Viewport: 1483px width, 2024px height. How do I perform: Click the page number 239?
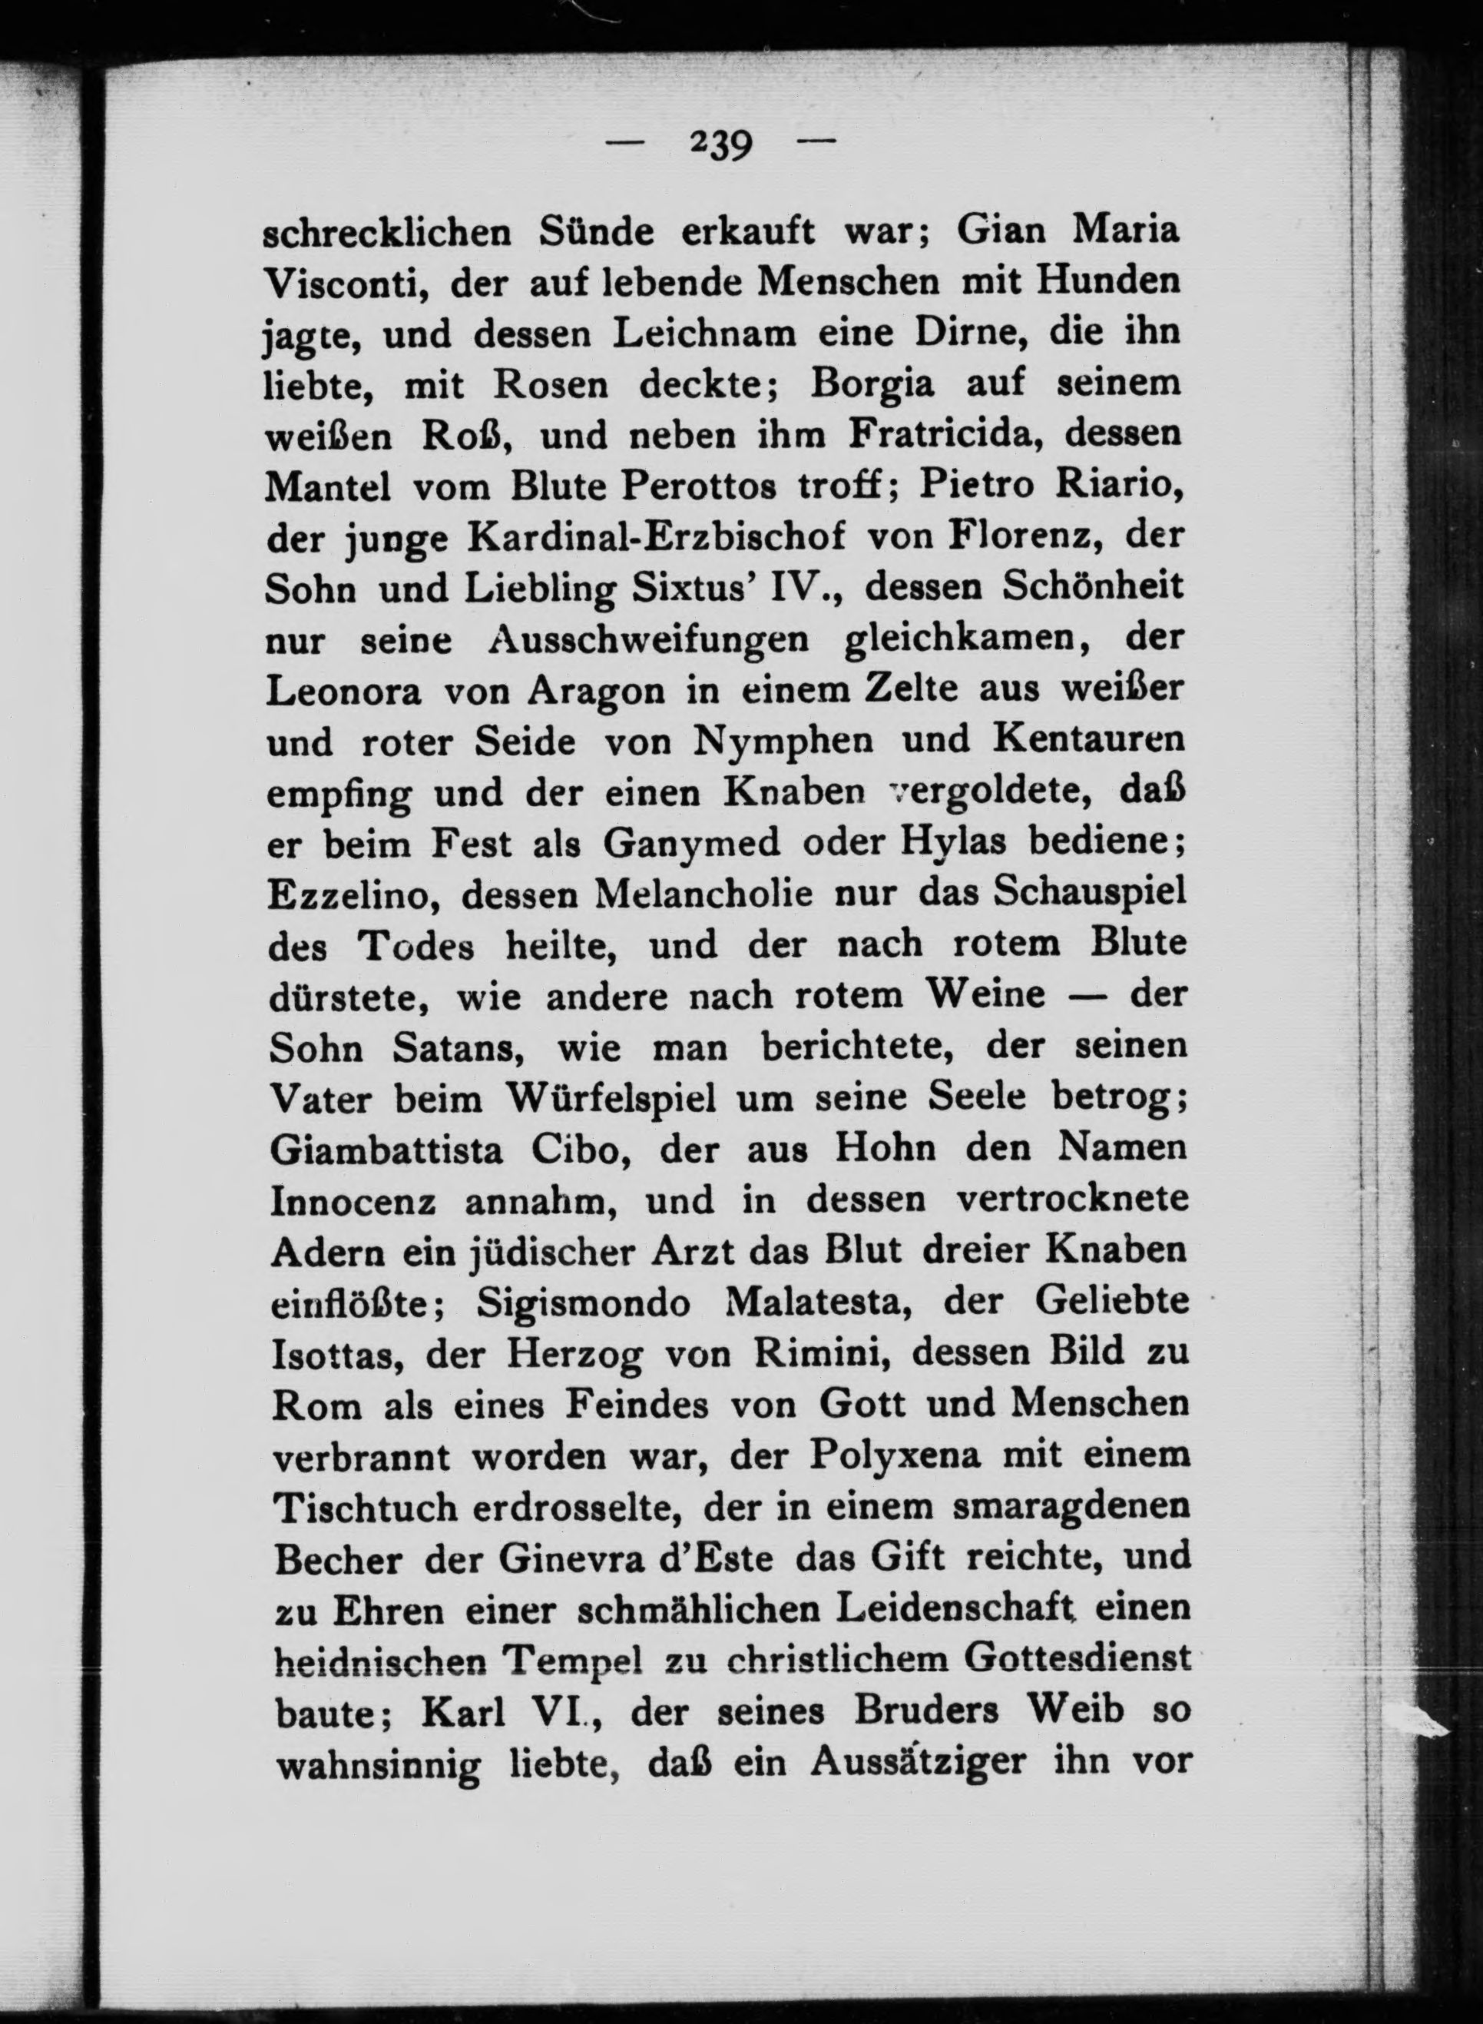pyautogui.click(x=720, y=144)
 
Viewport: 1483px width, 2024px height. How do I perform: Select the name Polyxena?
pyautogui.click(x=892, y=1456)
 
